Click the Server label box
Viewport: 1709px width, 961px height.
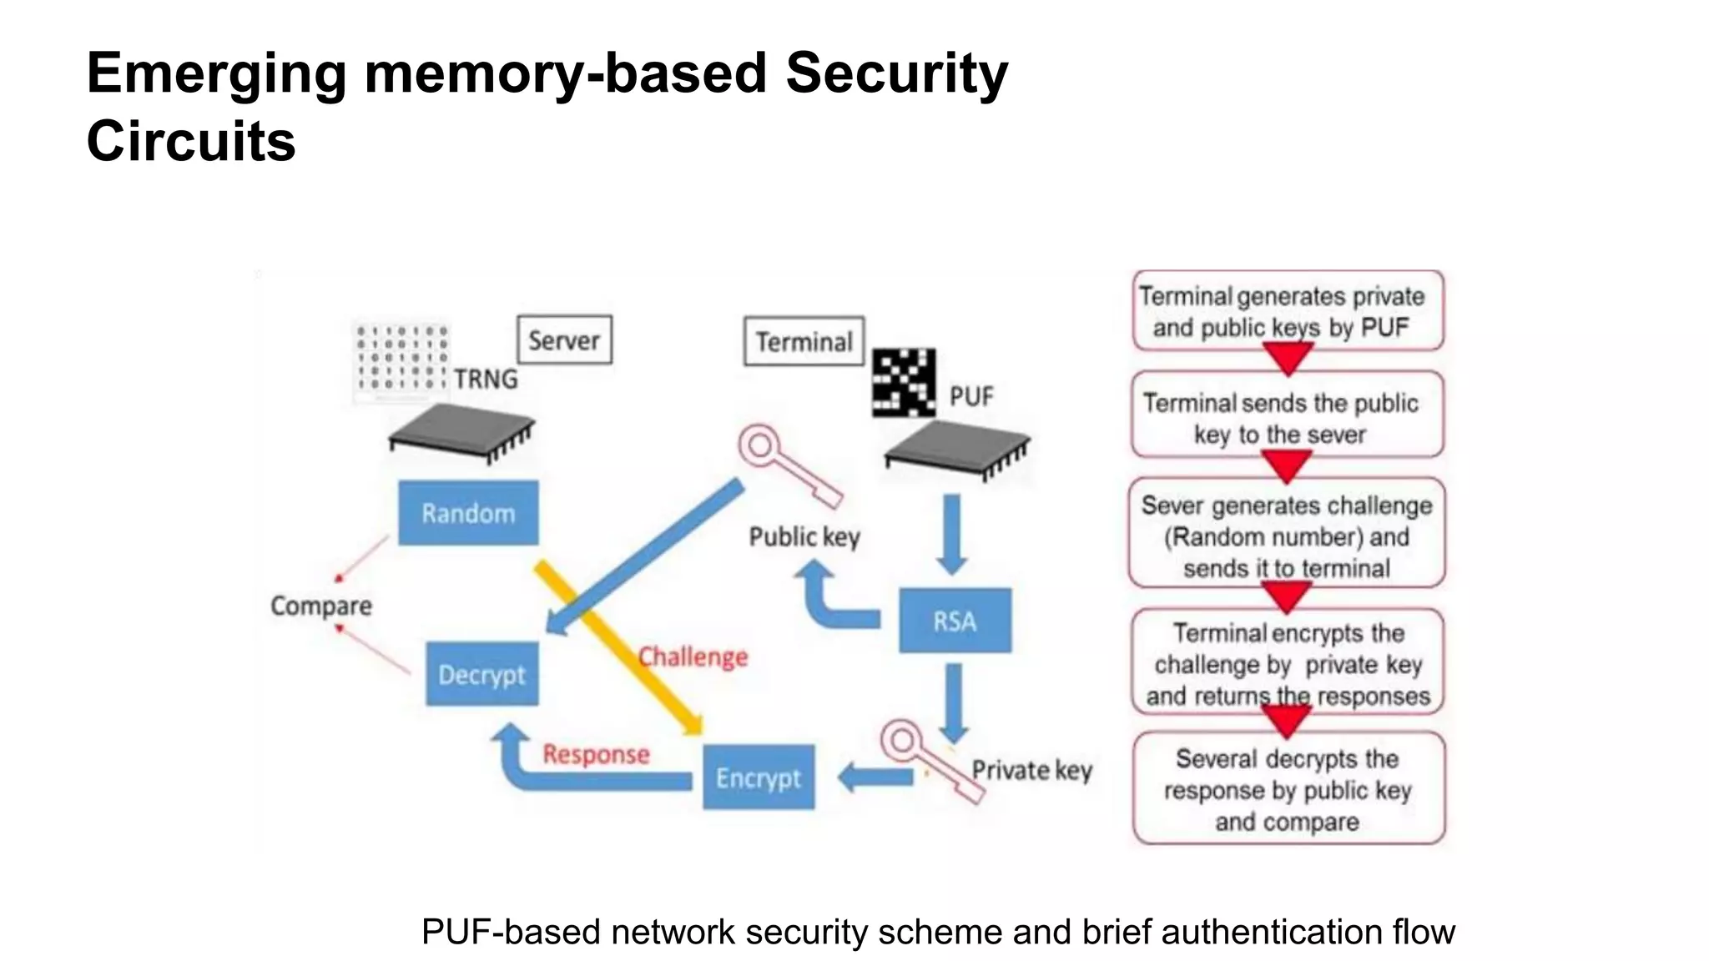pyautogui.click(x=564, y=340)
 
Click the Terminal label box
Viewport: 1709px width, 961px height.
pyautogui.click(x=804, y=341)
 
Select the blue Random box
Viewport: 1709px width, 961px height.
pyautogui.click(x=468, y=513)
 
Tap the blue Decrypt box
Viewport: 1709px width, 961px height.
pyautogui.click(x=481, y=674)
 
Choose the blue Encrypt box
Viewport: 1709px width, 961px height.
pyautogui.click(x=758, y=777)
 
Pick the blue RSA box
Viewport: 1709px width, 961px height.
pyautogui.click(x=955, y=621)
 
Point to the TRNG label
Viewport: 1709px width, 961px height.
pyautogui.click(x=486, y=379)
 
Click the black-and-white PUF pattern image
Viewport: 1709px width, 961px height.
pyautogui.click(x=904, y=383)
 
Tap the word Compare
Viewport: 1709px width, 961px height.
pyautogui.click(x=321, y=606)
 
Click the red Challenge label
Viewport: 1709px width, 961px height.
pyautogui.click(x=693, y=657)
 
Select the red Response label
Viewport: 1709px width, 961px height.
pyautogui.click(x=596, y=754)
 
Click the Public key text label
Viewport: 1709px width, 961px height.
pyautogui.click(x=804, y=536)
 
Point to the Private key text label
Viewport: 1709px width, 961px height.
pyautogui.click(x=1031, y=769)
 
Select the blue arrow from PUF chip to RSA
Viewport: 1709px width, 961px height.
pyautogui.click(x=951, y=534)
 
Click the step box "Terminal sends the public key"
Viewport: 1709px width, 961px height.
pyautogui.click(x=1287, y=415)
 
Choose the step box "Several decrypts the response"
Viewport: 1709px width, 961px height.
pyautogui.click(x=1288, y=788)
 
